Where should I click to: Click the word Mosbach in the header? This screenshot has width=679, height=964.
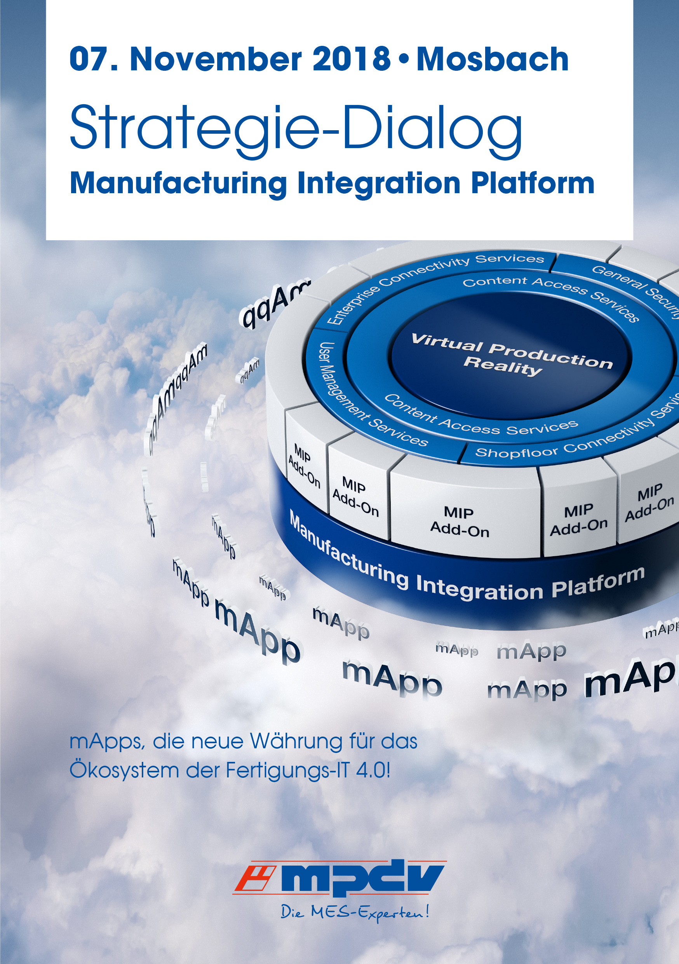492,59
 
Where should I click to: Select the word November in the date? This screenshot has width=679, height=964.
215,59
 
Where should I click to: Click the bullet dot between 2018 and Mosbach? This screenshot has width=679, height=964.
403,59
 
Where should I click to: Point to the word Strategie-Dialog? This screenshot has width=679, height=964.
296,128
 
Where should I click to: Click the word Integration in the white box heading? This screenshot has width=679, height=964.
378,183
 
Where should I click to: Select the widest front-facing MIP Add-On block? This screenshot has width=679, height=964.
459,522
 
